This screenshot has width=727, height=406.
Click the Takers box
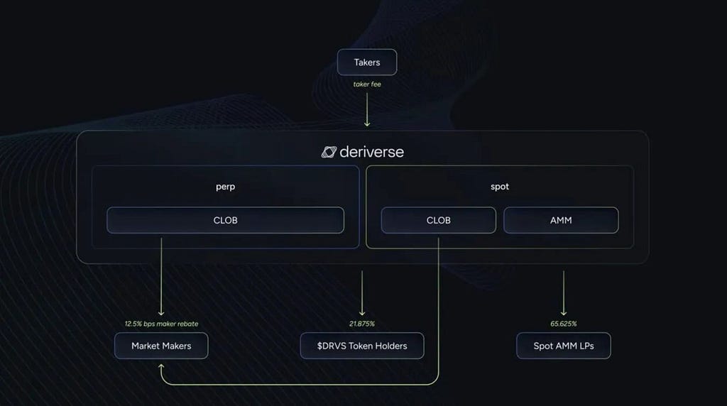click(x=367, y=62)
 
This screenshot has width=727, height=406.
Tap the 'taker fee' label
click(x=367, y=84)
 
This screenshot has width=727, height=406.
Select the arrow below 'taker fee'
click(x=367, y=109)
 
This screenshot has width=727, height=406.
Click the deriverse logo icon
click(x=329, y=152)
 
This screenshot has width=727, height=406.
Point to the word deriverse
click(x=372, y=152)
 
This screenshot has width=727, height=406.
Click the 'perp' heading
click(x=225, y=187)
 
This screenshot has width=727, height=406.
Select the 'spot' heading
click(x=500, y=186)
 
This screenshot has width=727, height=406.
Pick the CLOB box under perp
click(x=225, y=220)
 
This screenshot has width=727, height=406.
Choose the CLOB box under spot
click(x=439, y=220)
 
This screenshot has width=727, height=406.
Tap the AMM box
click(x=561, y=220)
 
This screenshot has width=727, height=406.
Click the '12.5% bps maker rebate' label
click(x=161, y=324)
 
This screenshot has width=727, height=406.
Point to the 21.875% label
click(x=362, y=324)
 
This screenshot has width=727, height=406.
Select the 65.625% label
click(x=564, y=324)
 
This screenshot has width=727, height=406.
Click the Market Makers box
click(x=161, y=346)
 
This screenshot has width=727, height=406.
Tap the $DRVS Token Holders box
click(x=362, y=346)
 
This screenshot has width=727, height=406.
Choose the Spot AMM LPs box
click(x=564, y=346)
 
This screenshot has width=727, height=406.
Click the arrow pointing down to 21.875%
click(x=362, y=293)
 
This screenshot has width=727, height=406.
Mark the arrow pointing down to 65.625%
click(x=564, y=293)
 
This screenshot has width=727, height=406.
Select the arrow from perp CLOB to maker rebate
click(x=161, y=277)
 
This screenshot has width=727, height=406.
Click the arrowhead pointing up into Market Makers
click(x=161, y=366)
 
